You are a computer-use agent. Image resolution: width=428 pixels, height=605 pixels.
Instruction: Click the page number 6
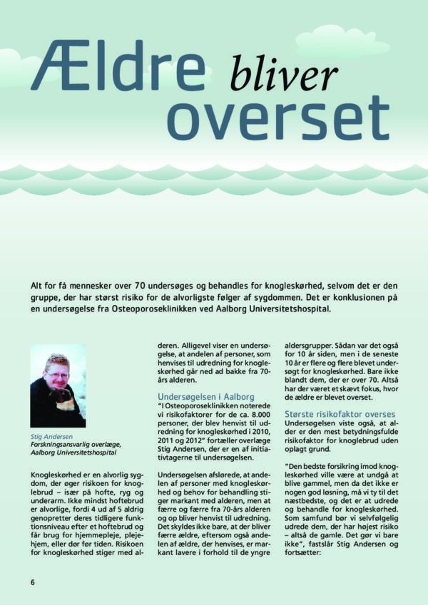tap(32, 581)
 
